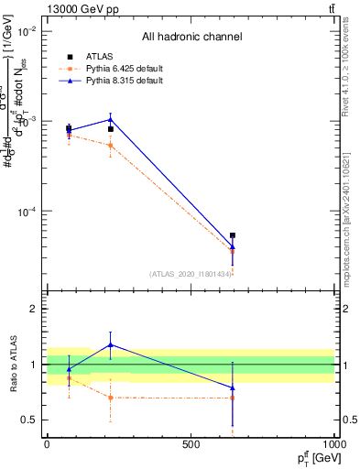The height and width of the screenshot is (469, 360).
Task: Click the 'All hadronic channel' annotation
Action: [191, 37]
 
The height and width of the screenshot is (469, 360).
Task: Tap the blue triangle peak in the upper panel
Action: [110, 119]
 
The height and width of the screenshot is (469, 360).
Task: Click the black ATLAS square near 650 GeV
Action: [233, 235]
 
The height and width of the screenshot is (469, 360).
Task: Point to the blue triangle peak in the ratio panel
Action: [110, 345]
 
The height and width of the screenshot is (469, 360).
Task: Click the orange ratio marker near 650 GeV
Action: [233, 398]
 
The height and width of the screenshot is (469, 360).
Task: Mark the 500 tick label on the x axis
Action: [191, 443]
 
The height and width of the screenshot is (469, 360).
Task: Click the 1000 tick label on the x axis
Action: [333, 443]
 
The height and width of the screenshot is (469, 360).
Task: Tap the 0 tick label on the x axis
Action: [47, 443]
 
